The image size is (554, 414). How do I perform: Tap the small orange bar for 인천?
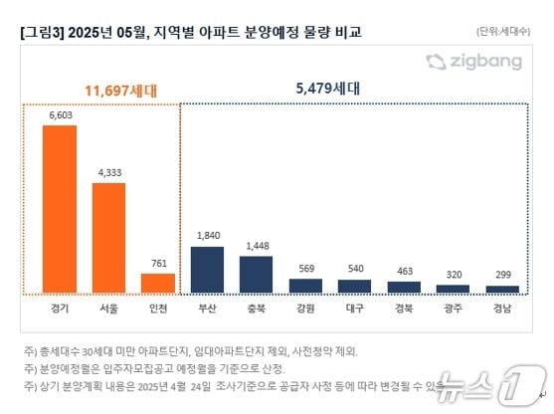coord(158,283)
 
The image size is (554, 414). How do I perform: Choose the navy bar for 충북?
coord(256,274)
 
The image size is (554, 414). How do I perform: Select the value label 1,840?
coord(207,236)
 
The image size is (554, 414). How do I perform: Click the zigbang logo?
coord(473,63)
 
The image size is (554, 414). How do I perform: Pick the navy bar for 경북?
coord(404,287)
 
